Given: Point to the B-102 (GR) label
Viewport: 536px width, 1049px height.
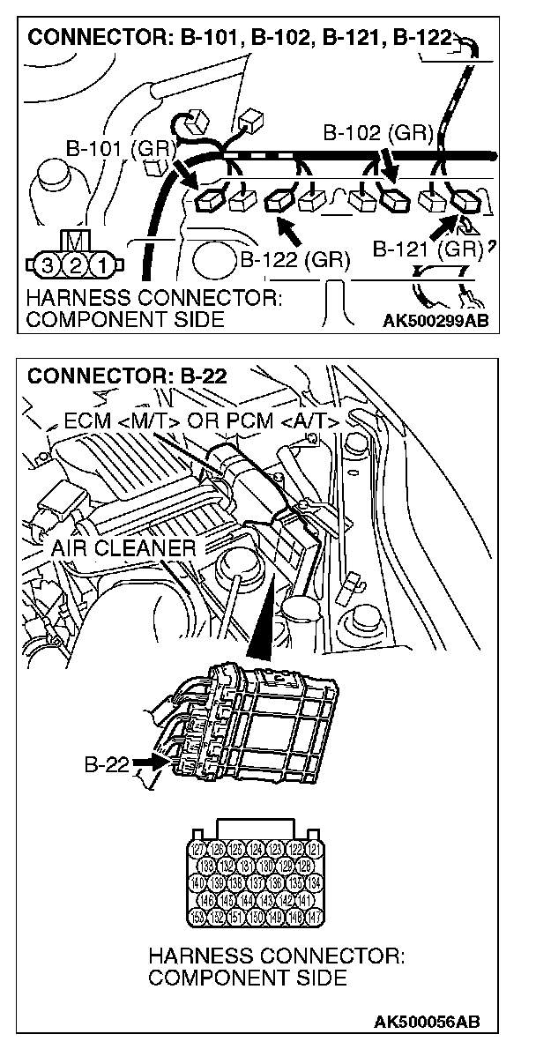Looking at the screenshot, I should [376, 134].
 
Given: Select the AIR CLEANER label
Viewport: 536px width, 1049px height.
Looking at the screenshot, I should [123, 548].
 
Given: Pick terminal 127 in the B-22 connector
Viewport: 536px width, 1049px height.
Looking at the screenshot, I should [200, 849].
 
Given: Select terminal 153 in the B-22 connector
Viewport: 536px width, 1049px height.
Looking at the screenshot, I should [200, 917].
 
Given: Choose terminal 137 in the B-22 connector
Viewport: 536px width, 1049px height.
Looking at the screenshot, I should [258, 883].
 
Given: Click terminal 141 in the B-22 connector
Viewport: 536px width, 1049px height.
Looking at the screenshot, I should [307, 900].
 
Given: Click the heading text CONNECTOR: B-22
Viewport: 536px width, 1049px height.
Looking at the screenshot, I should [128, 376].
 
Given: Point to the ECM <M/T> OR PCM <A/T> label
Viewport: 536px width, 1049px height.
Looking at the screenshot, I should [202, 421].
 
